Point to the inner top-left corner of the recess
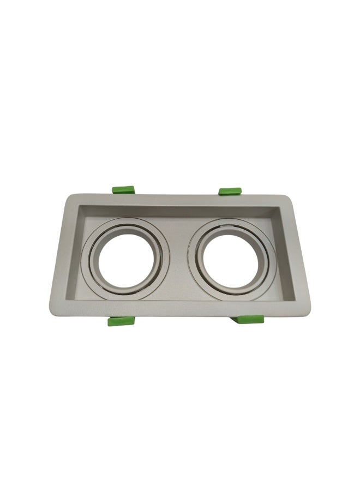click(80, 205)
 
